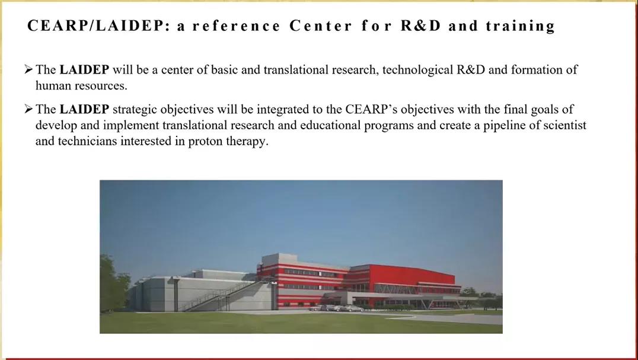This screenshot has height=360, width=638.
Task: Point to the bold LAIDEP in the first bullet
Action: coord(84,69)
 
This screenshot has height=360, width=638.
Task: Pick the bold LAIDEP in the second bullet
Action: coord(84,109)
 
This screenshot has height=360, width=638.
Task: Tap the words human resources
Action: coord(81,85)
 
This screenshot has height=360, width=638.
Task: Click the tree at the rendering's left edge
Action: coord(113,283)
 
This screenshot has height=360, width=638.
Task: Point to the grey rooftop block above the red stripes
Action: coord(279,259)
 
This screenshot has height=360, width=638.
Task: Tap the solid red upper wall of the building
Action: coord(411,275)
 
